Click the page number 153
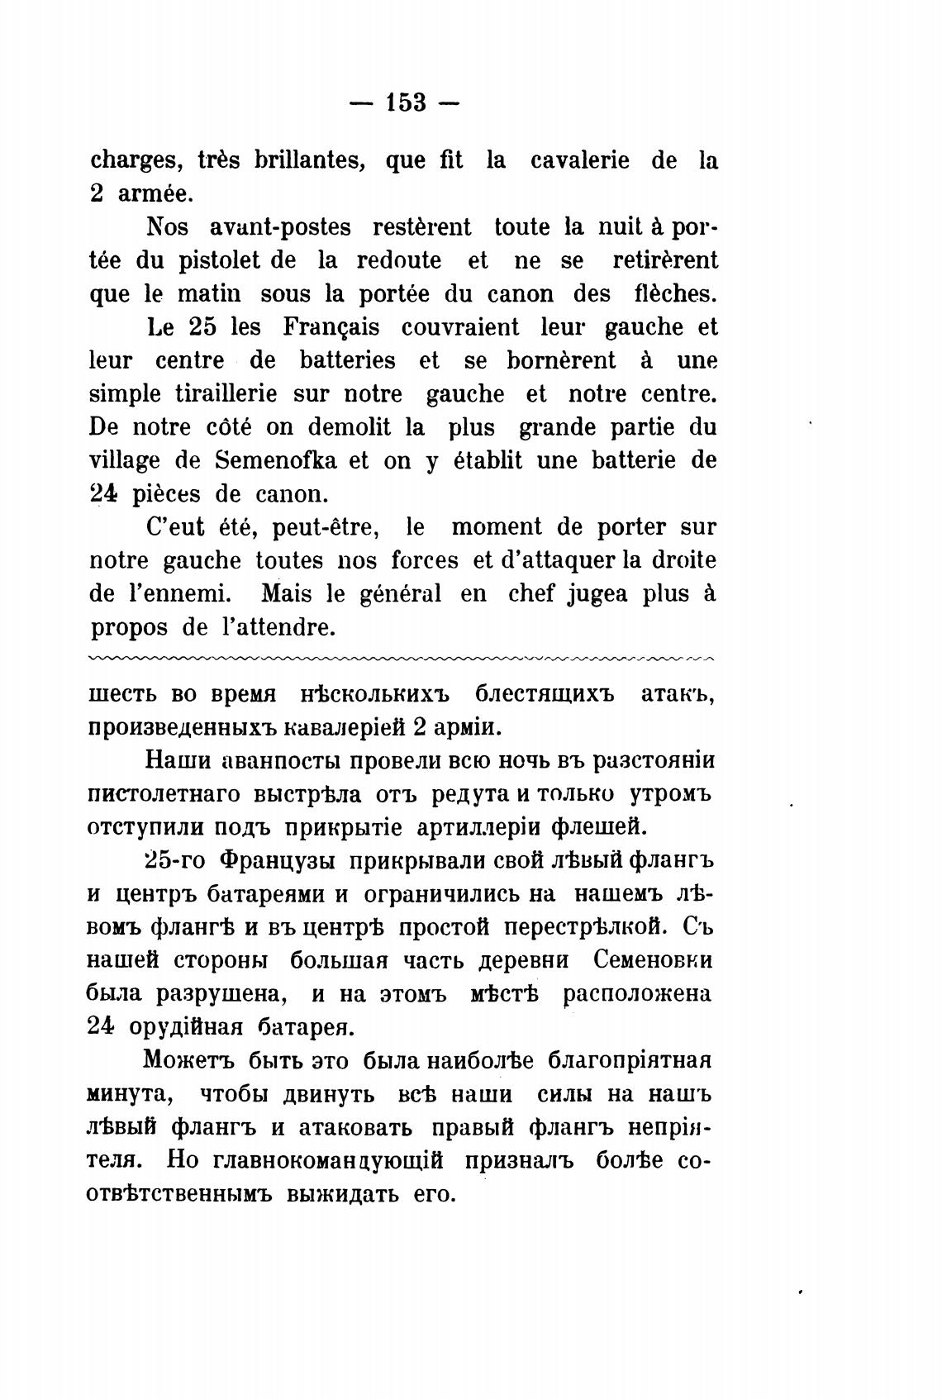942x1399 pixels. tap(404, 103)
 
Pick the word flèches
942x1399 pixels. tap(671, 294)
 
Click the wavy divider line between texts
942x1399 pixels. tap(401, 659)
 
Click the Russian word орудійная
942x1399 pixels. tap(185, 1027)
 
